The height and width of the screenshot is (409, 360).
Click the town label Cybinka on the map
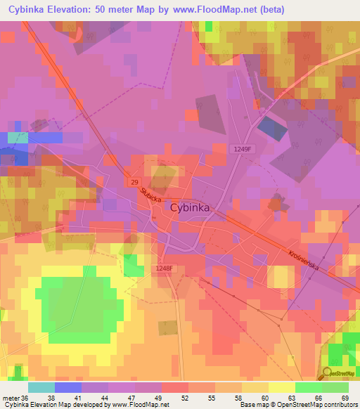click(x=189, y=207)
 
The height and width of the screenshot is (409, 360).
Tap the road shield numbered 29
click(x=134, y=182)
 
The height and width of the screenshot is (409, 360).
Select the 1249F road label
click(x=243, y=148)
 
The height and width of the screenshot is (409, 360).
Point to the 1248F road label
click(x=164, y=268)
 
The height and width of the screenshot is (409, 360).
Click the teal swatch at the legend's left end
click(x=41, y=387)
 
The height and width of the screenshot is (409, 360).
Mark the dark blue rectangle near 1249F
click(x=272, y=127)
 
